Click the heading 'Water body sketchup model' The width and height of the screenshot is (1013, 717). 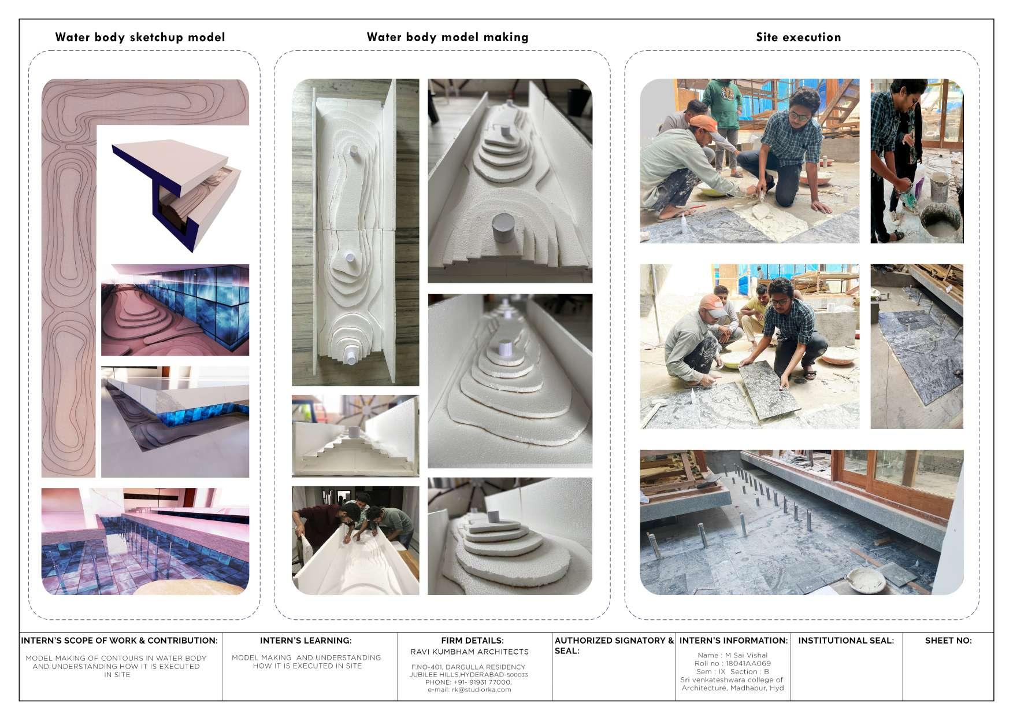pyautogui.click(x=140, y=38)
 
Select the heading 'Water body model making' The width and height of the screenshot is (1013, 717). pyautogui.click(x=447, y=38)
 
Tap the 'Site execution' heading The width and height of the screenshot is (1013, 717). pyautogui.click(x=799, y=38)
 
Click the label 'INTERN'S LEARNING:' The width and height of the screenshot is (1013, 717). pyautogui.click(x=306, y=641)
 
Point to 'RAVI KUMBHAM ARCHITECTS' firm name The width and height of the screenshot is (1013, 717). pyautogui.click(x=469, y=652)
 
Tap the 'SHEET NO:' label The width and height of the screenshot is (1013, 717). pyautogui.click(x=948, y=641)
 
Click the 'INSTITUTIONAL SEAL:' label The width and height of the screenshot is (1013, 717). pyautogui.click(x=846, y=641)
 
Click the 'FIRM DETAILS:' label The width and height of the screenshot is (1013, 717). pyautogui.click(x=472, y=641)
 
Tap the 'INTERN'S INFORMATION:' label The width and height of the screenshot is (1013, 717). pyautogui.click(x=733, y=641)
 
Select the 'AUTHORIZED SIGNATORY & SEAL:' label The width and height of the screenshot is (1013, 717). pyautogui.click(x=614, y=646)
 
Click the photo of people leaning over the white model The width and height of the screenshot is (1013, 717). pyautogui.click(x=355, y=541)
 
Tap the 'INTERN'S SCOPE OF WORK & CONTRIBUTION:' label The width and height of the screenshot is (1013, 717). pyautogui.click(x=119, y=641)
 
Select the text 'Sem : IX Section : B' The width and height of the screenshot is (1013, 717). pyautogui.click(x=732, y=672)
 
